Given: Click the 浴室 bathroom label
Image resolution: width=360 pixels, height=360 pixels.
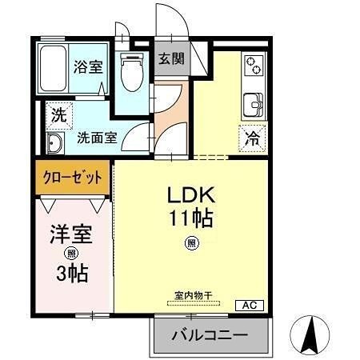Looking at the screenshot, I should pyautogui.click(x=88, y=67).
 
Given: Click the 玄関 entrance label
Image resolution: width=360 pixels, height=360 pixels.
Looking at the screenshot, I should pyautogui.click(x=170, y=58).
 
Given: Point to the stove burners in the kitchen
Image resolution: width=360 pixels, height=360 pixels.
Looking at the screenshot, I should pyautogui.click(x=254, y=65).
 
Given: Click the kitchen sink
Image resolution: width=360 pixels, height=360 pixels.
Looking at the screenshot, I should pyautogui.click(x=254, y=104).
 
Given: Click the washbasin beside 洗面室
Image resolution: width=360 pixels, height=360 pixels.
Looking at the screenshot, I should pyautogui.click(x=55, y=143).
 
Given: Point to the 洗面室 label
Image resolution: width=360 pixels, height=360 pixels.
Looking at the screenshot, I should pyautogui.click(x=97, y=137).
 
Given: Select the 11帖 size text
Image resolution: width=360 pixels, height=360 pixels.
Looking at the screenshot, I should pyautogui.click(x=191, y=218).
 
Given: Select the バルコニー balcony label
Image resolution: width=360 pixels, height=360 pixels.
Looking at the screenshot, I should pyautogui.click(x=210, y=335).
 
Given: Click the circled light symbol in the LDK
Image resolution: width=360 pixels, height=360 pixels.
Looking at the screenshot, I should pyautogui.click(x=191, y=243).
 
